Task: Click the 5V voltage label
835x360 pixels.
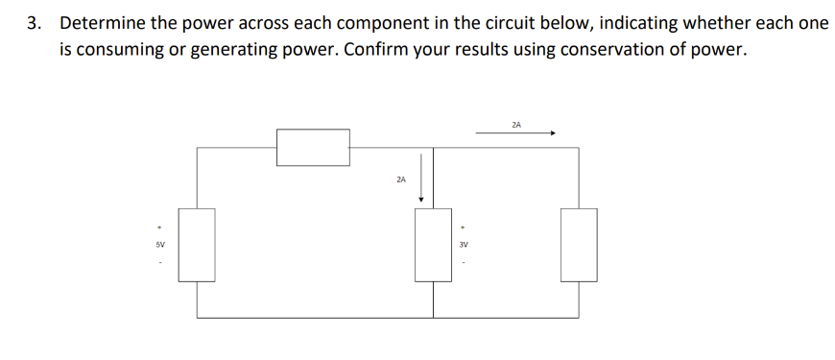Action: pyautogui.click(x=160, y=245)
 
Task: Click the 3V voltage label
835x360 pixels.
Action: pyautogui.click(x=463, y=245)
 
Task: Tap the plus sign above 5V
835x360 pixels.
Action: pyautogui.click(x=160, y=228)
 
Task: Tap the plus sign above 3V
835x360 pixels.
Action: pyautogui.click(x=463, y=228)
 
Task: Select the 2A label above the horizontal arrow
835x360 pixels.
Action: pyautogui.click(x=516, y=124)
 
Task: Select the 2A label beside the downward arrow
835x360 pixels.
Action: pyautogui.click(x=400, y=180)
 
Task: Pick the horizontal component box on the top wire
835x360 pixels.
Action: pyautogui.click(x=313, y=148)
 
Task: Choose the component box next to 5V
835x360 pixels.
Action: pyautogui.click(x=198, y=245)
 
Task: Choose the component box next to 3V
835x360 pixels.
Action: pyautogui.click(x=433, y=245)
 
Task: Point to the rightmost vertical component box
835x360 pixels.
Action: pyautogui.click(x=579, y=245)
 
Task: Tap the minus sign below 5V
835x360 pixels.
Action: pyautogui.click(x=160, y=261)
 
